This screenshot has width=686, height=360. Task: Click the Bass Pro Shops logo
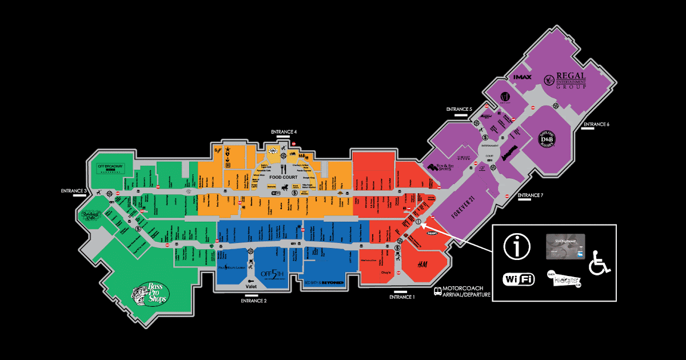(x=150, y=294)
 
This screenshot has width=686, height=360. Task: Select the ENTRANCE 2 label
(x=253, y=301)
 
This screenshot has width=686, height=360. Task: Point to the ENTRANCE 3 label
(x=74, y=190)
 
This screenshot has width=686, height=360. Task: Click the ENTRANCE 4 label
(x=284, y=132)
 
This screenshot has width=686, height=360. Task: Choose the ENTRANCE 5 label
(x=460, y=109)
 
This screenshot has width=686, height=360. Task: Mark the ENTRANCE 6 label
(x=597, y=125)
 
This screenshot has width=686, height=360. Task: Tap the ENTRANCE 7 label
(x=530, y=196)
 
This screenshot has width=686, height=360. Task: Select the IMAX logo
(x=523, y=77)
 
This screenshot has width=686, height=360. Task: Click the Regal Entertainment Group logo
(x=567, y=81)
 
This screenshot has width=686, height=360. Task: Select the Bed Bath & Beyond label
(x=324, y=282)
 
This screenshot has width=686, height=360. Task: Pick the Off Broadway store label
(x=111, y=167)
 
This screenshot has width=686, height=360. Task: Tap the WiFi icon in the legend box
(x=518, y=279)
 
